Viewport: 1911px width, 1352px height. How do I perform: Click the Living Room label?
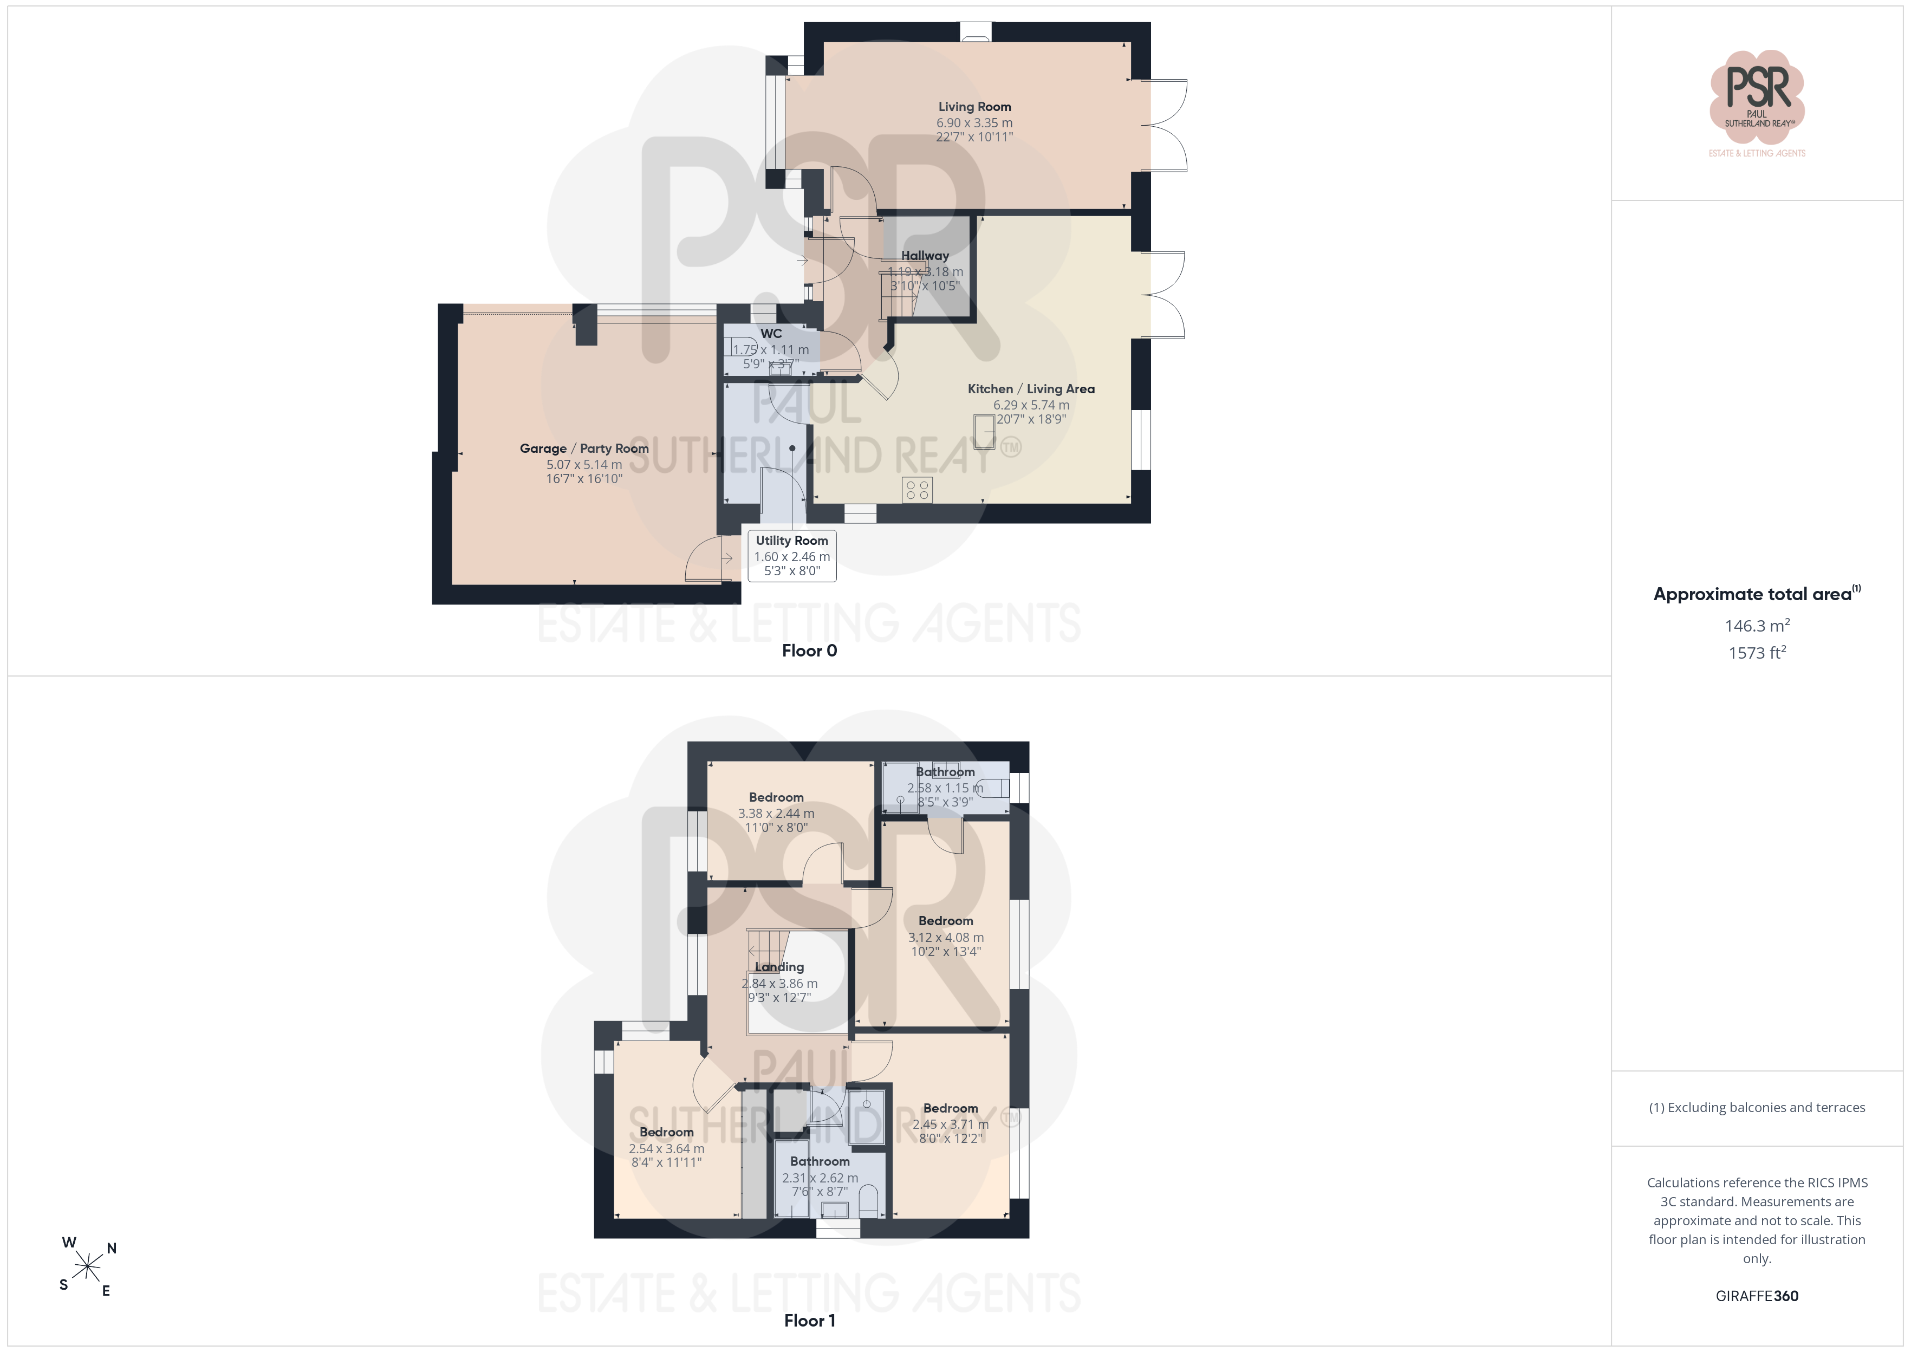click(974, 107)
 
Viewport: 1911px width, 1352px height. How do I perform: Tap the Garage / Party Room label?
click(584, 448)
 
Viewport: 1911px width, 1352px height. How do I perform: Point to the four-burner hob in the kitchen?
click(917, 490)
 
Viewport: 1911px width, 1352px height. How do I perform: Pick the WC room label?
click(771, 333)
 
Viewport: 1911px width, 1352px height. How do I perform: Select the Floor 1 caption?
click(809, 1321)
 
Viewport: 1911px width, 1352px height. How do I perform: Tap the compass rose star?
click(87, 1267)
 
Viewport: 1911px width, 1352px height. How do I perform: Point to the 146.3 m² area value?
click(1757, 625)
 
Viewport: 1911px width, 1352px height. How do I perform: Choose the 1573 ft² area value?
click(1757, 653)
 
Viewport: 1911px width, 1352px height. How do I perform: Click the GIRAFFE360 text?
click(1757, 1296)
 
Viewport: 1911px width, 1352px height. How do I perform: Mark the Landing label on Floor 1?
click(779, 966)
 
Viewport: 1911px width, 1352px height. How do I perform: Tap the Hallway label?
click(925, 256)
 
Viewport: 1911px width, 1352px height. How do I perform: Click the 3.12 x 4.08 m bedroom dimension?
click(946, 938)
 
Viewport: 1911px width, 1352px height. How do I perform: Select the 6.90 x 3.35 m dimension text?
click(974, 122)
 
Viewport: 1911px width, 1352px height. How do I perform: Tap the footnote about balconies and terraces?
click(1757, 1107)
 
